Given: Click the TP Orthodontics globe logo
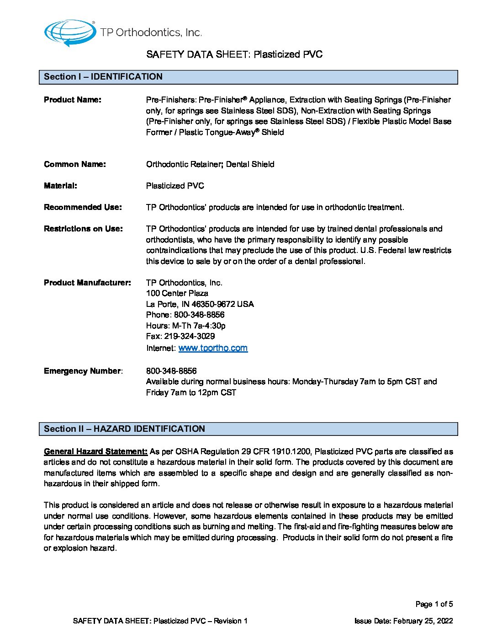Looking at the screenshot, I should [69, 32].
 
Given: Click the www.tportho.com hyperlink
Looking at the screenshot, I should [213, 348].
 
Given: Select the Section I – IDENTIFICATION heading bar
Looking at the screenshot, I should [248, 77].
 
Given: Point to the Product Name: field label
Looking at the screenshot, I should [73, 100].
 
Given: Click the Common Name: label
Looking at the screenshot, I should [75, 164].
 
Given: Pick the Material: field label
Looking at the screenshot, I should [60, 186].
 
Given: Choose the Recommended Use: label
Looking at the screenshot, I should [83, 207].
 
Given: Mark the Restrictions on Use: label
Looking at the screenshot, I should [83, 229].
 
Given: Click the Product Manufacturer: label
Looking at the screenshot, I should [87, 283].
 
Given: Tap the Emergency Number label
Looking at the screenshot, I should [83, 371].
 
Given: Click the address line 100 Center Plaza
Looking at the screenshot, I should [177, 293].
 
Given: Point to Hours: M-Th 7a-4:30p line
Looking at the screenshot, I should [186, 326].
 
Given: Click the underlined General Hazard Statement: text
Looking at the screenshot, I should [95, 451].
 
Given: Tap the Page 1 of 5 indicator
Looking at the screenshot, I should [434, 604].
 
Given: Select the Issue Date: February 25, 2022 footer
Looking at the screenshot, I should [403, 621].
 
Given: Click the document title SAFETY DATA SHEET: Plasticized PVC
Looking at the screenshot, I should [234, 54].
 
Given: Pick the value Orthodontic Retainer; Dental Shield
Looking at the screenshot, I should [210, 164].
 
